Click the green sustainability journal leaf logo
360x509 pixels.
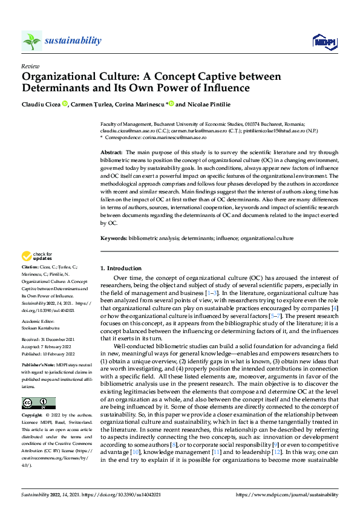32,41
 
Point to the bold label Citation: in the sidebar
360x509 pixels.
30,266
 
